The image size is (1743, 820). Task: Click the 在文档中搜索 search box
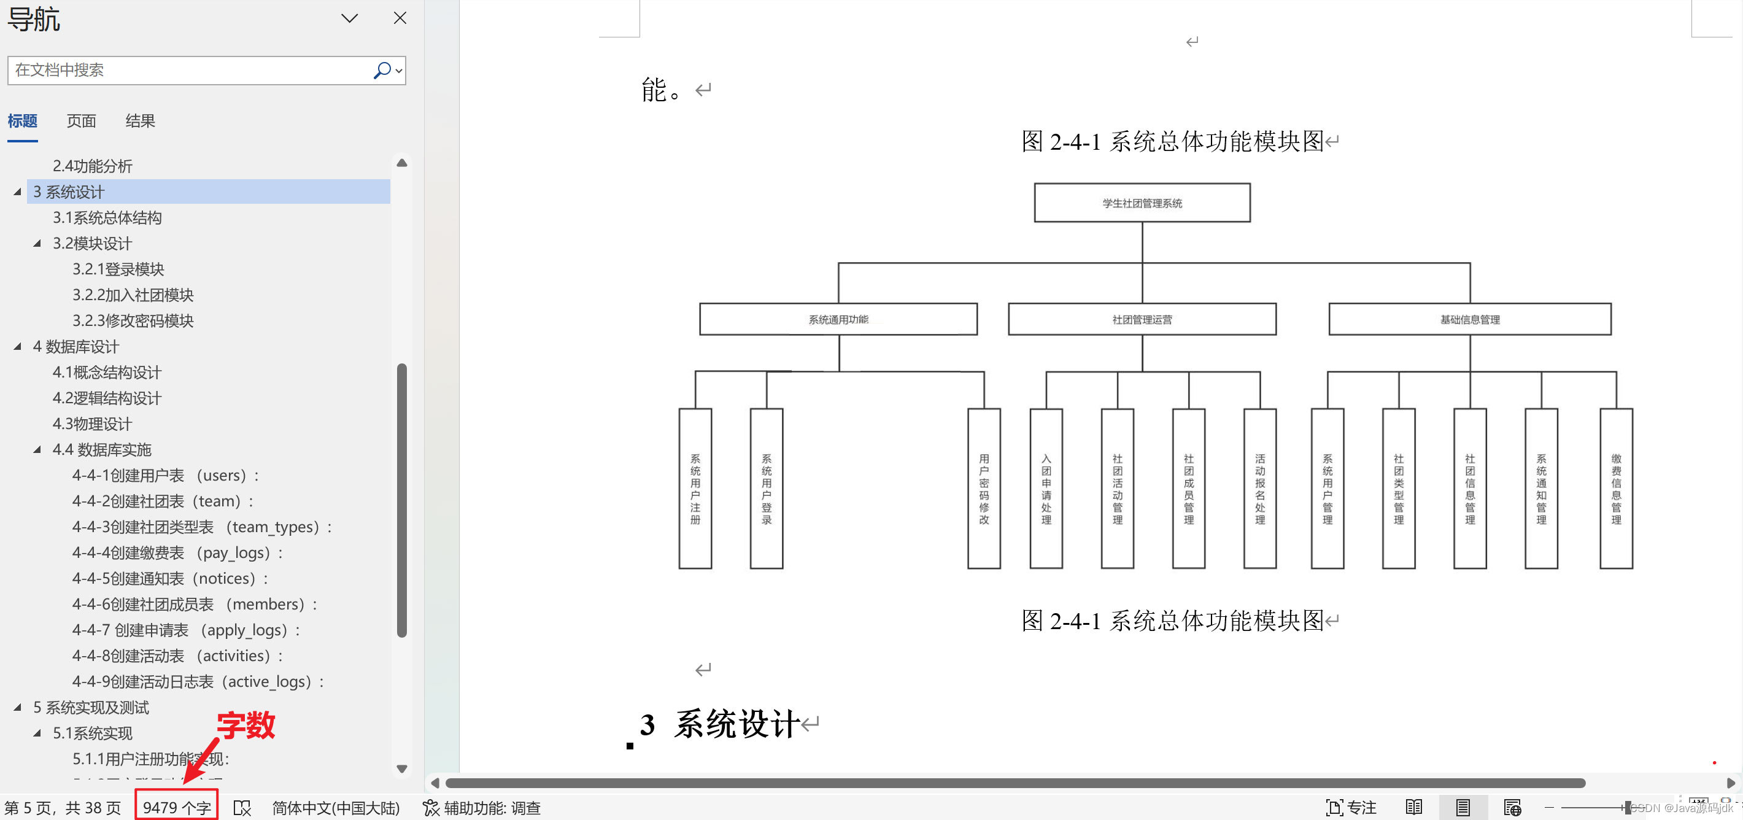tap(190, 71)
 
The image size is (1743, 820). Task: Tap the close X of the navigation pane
tap(400, 18)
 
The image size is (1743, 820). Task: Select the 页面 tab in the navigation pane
tap(81, 121)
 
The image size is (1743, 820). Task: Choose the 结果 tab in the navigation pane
tap(140, 121)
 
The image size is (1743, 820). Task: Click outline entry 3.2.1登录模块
tap(118, 269)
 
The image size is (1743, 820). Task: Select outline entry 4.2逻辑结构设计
tap(107, 398)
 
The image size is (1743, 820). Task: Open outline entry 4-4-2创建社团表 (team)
tap(163, 501)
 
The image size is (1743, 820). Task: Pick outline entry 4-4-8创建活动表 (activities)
tap(177, 656)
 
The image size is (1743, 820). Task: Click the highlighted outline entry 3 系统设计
tap(69, 192)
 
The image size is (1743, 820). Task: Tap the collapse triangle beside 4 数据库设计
tap(18, 346)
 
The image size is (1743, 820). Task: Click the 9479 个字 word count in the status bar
tap(177, 807)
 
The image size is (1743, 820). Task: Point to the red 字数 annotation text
tap(245, 725)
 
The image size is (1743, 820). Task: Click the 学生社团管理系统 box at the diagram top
tap(1142, 203)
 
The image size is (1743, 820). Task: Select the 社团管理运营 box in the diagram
tap(1142, 319)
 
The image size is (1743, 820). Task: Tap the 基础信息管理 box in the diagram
tap(1470, 319)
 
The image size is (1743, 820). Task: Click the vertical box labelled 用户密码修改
tap(984, 489)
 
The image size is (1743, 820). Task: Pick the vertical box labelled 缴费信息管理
tap(1616, 489)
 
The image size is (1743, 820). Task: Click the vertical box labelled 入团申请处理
tap(1046, 489)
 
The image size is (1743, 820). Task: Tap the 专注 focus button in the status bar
tap(1351, 807)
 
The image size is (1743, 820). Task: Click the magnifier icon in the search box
tap(382, 71)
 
